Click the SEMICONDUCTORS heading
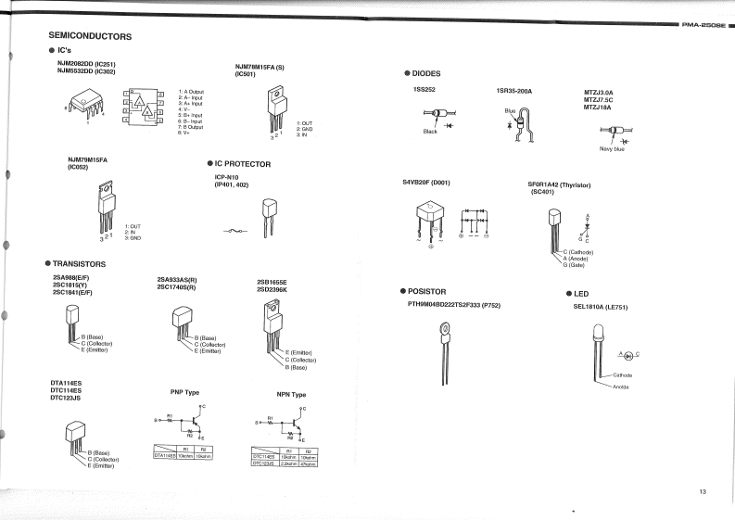click(89, 36)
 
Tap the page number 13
click(703, 490)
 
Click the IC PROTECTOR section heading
click(242, 163)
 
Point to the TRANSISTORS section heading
click(79, 263)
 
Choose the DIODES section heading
click(425, 73)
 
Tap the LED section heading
click(589, 293)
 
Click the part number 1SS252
click(425, 90)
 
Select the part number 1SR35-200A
click(515, 91)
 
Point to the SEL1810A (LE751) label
click(602, 306)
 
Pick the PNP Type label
click(184, 392)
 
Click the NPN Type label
click(291, 394)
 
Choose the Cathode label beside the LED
click(622, 374)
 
